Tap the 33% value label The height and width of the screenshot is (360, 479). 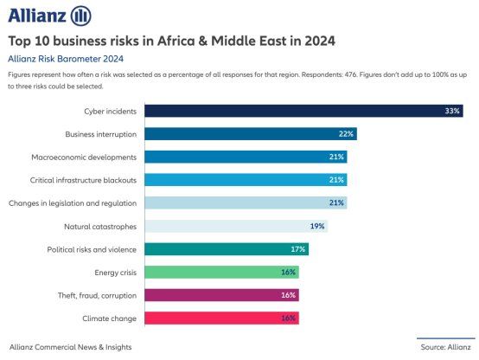[451, 111]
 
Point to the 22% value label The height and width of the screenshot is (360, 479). [346, 134]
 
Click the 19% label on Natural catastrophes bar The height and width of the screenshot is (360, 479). [317, 226]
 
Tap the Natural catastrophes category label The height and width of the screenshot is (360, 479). [100, 226]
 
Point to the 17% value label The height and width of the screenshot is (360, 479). [298, 249]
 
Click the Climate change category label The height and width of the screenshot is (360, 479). [111, 318]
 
